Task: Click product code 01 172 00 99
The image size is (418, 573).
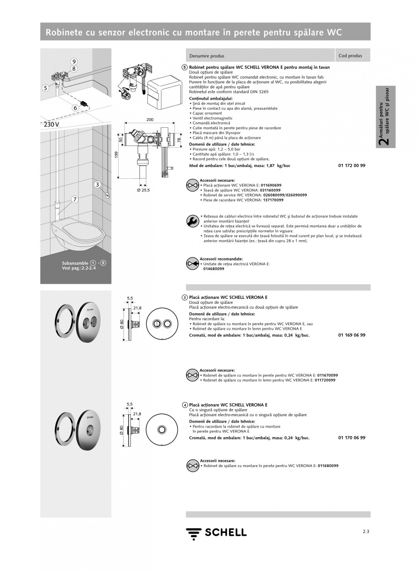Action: tap(352, 166)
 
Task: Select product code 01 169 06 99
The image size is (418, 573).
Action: tap(352, 335)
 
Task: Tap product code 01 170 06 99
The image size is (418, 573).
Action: tap(352, 437)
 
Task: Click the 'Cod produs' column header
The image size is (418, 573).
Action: tap(350, 56)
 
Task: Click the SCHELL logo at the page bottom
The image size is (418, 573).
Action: tap(216, 533)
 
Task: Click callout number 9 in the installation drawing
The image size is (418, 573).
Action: tap(74, 61)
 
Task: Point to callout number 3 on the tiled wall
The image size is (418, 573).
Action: tap(97, 184)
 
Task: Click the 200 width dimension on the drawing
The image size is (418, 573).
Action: tap(150, 119)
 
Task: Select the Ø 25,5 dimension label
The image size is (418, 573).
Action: tap(144, 190)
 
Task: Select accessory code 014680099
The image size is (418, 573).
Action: tap(212, 269)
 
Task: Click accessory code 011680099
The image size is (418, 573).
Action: tap(328, 466)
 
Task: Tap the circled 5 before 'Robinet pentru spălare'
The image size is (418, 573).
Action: tap(184, 67)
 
